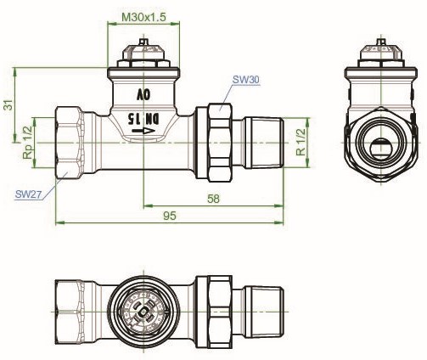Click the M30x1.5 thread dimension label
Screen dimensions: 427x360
[143, 17]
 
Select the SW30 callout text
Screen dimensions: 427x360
[245, 80]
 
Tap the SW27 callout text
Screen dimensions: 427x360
[28, 194]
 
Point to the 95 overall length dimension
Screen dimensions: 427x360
[170, 216]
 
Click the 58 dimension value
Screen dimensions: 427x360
[213, 199]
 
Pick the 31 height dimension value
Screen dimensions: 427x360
[8, 104]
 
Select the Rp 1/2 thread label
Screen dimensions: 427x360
[28, 143]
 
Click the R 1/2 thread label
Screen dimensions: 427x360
[301, 142]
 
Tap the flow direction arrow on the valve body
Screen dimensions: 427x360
[143, 131]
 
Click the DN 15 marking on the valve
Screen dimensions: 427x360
[143, 119]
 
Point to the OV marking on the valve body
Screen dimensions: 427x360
[143, 95]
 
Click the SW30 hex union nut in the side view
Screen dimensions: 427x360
[221, 143]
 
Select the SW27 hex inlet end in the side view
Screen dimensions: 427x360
[70, 143]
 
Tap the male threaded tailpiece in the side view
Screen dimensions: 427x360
[264, 143]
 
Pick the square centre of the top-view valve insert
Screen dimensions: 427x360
[143, 312]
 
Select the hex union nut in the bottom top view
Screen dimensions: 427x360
[221, 312]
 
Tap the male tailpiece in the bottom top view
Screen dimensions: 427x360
[264, 312]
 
